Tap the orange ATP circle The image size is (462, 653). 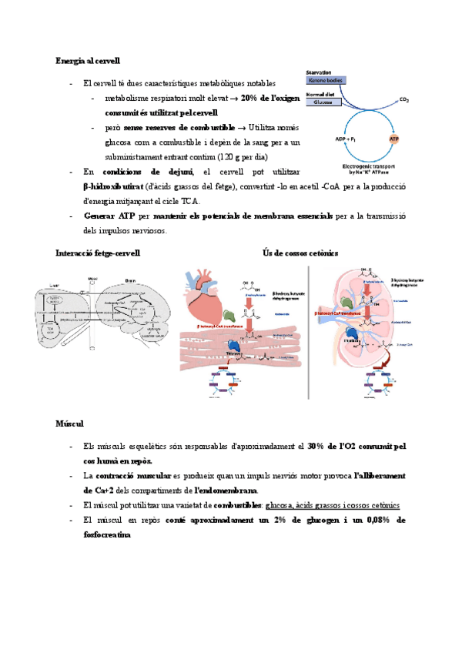tap(394, 139)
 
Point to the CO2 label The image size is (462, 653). tap(405, 100)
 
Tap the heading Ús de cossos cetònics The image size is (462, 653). tap(300, 253)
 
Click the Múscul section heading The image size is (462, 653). tap(70, 424)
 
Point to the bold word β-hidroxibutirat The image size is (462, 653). tap(112, 187)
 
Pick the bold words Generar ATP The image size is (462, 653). tap(110, 216)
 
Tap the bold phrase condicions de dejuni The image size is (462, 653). tap(147, 171)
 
